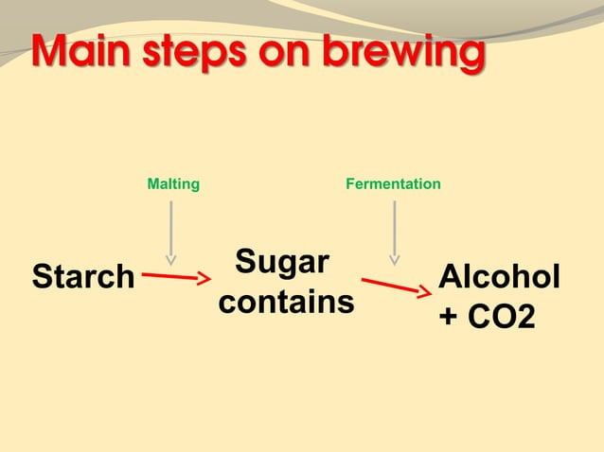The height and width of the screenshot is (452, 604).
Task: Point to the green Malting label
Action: point(173,184)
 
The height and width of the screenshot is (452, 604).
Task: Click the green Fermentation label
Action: point(393,184)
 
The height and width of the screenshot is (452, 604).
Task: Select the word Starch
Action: point(83,277)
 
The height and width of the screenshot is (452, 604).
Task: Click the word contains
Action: point(286,303)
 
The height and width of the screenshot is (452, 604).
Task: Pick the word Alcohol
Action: point(499,278)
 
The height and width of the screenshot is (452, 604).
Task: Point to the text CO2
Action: point(503,318)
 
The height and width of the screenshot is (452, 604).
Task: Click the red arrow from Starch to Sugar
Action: point(176,277)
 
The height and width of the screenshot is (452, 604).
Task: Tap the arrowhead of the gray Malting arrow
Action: point(171,258)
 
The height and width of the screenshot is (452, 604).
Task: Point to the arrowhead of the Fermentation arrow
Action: point(394,259)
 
